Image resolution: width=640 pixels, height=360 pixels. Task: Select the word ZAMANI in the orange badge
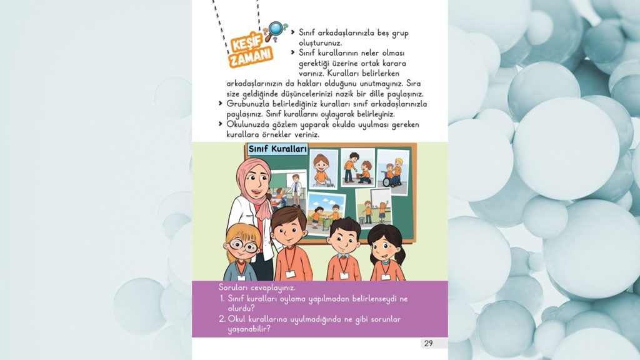tap(251, 59)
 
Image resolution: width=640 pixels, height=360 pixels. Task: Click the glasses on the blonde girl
tap(243, 246)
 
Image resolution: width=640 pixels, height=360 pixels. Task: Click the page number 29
tap(428, 342)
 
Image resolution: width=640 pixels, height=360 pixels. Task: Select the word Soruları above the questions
tap(233, 287)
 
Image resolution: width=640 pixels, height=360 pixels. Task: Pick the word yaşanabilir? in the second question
tap(248, 329)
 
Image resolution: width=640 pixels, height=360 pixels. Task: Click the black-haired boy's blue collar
tap(343, 255)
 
